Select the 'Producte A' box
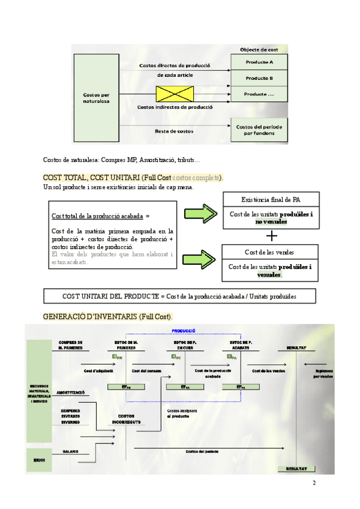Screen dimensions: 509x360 (x=259, y=62)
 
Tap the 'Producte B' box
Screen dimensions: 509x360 (x=259, y=78)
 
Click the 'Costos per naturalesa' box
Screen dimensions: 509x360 (x=96, y=98)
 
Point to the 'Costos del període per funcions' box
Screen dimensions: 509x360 (x=259, y=130)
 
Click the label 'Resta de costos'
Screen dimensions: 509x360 (x=173, y=131)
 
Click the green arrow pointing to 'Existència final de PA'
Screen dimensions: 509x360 (x=201, y=213)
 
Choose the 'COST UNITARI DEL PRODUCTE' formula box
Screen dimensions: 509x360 (x=179, y=296)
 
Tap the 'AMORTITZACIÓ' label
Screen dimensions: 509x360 (x=70, y=393)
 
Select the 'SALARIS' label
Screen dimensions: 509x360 (x=70, y=451)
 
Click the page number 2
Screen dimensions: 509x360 (x=313, y=483)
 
